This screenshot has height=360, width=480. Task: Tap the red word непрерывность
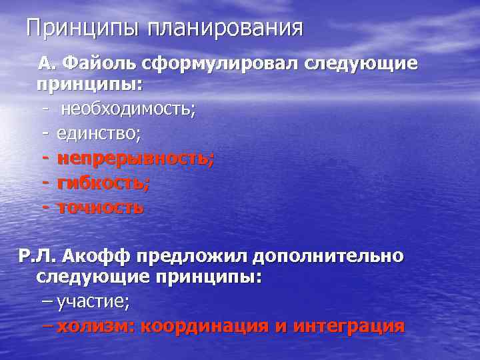click(x=135, y=159)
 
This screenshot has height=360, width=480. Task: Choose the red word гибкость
click(x=103, y=183)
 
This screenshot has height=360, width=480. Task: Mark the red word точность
click(x=100, y=207)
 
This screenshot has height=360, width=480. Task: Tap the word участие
click(x=93, y=302)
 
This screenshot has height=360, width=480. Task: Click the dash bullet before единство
click(x=45, y=134)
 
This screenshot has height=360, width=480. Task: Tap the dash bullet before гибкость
click(x=45, y=183)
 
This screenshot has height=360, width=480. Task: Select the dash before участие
click(x=46, y=302)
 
